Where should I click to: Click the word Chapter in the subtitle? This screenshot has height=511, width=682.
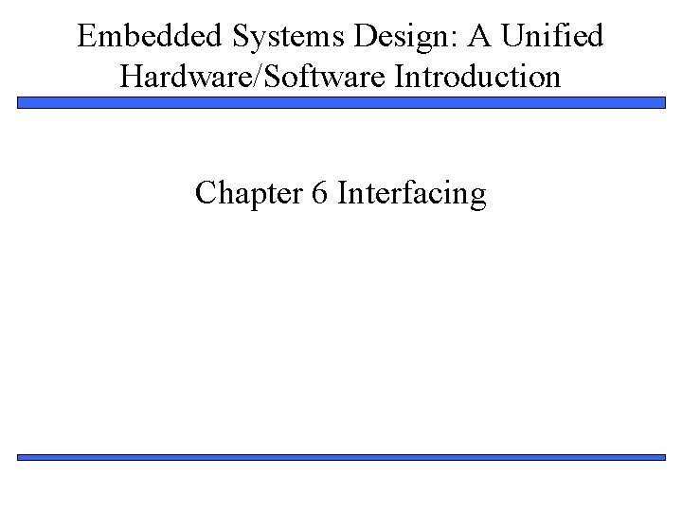[242, 194]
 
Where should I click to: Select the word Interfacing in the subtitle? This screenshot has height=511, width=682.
[412, 194]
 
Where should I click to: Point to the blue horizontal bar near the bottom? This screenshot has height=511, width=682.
[341, 457]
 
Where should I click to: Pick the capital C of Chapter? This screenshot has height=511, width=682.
[206, 194]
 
